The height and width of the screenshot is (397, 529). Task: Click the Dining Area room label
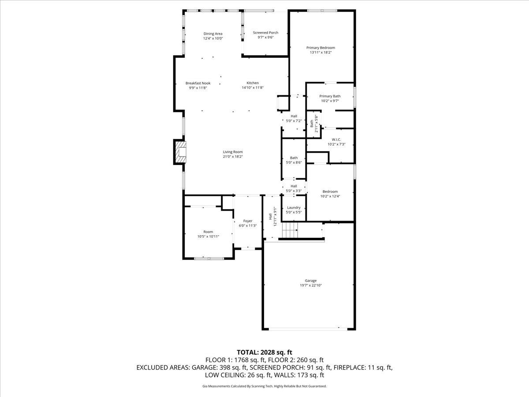tap(213, 34)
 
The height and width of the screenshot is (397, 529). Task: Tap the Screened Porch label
tap(265, 33)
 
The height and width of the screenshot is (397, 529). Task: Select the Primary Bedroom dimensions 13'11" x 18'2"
tap(320, 52)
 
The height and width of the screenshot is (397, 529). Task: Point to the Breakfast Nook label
tap(198, 83)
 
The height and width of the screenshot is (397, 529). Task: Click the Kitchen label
tap(253, 83)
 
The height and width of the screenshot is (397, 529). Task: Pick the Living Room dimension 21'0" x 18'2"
tap(233, 157)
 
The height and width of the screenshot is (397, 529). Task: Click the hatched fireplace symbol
tap(180, 152)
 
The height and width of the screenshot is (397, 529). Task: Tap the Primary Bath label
tap(330, 96)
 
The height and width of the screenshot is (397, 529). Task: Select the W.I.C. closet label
tap(336, 139)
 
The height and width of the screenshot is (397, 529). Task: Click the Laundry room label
tap(294, 208)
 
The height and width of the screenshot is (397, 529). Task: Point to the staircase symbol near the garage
tap(290, 229)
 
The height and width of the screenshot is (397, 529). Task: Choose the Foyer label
tap(248, 221)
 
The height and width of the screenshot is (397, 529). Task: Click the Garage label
tap(310, 281)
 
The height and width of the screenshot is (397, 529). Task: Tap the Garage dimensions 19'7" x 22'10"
tap(310, 285)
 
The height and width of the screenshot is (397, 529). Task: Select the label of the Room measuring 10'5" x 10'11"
tap(208, 232)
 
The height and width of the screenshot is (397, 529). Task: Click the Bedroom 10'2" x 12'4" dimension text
tap(330, 196)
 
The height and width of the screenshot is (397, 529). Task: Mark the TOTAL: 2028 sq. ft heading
tap(264, 352)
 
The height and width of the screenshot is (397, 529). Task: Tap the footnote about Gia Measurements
tap(264, 386)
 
